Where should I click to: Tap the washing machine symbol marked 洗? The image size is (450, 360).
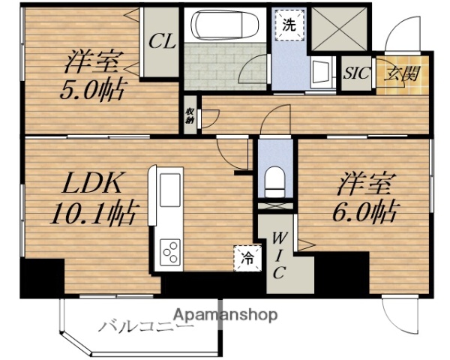click(x=289, y=24)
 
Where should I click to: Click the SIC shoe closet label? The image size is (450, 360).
click(x=356, y=74)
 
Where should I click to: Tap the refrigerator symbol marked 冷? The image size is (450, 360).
click(x=246, y=259)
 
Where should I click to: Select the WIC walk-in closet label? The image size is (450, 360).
click(x=278, y=256)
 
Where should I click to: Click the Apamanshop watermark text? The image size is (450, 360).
click(x=226, y=314)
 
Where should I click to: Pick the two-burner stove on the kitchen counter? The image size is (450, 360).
click(x=169, y=251)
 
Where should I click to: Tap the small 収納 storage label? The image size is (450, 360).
click(x=190, y=117)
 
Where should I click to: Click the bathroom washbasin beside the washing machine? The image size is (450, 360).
click(x=322, y=73)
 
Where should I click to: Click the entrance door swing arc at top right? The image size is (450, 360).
click(x=398, y=34)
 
